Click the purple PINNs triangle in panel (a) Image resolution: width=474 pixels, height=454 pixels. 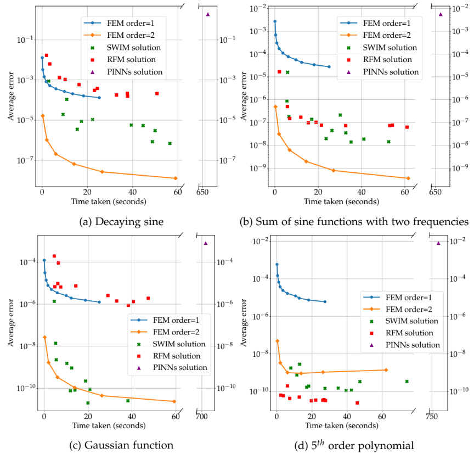click(207, 14)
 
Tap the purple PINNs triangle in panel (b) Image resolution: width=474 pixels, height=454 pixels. click(441, 14)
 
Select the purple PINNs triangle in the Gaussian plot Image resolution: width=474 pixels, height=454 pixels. click(205, 243)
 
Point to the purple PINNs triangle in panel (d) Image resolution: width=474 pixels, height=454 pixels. click(438, 243)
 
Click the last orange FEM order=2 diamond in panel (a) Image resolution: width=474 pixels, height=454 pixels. click(176, 178)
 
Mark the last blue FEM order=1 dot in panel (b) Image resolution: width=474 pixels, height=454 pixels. click(329, 67)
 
